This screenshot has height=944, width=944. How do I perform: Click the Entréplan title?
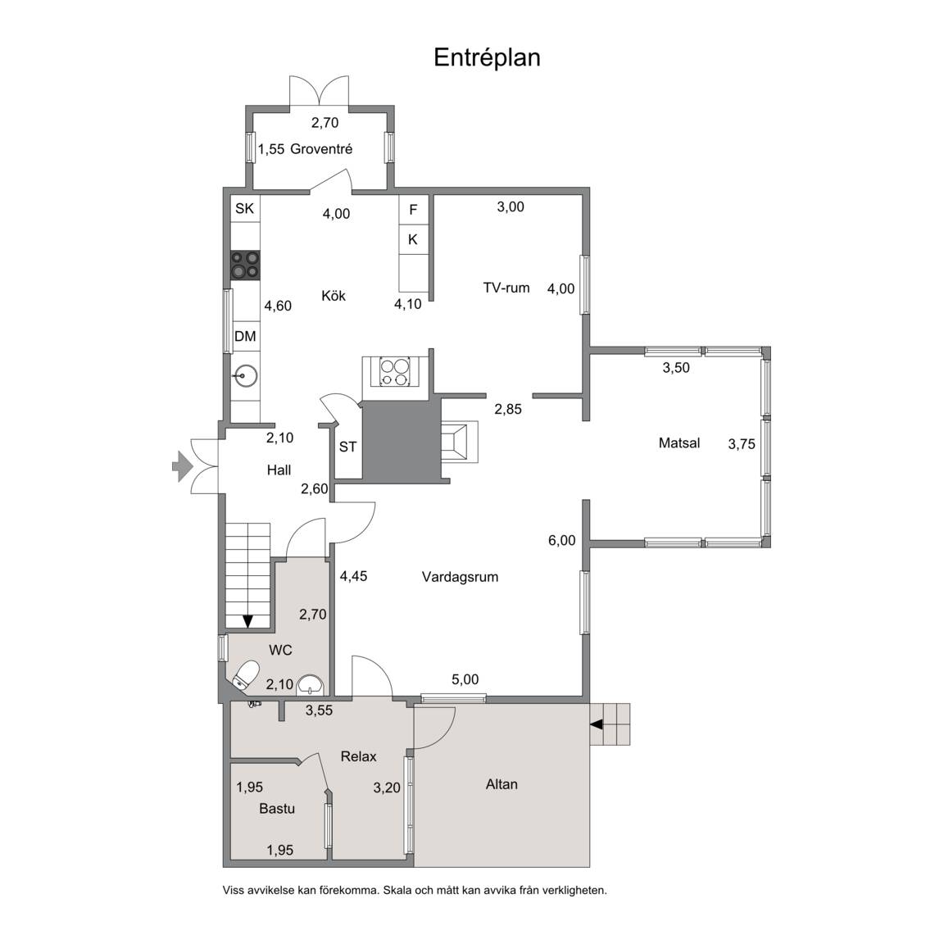(487, 58)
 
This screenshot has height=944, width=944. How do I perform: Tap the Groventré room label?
(321, 148)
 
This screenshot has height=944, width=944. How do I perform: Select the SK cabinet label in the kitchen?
(244, 209)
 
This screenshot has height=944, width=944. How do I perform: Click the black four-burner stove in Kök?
(246, 265)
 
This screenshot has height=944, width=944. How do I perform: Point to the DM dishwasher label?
(245, 337)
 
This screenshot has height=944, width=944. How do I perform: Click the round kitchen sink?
(245, 376)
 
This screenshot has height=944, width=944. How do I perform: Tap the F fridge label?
(413, 210)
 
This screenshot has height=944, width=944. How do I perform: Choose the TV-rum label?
(506, 288)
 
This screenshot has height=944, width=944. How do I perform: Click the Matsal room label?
(679, 443)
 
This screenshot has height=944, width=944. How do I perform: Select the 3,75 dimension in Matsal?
(742, 444)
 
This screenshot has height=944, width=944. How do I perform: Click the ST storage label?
(347, 447)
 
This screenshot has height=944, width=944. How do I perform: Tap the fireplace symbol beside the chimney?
(460, 442)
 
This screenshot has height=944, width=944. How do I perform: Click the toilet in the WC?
(245, 675)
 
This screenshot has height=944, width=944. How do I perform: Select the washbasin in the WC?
(311, 684)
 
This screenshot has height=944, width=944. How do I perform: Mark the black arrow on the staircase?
(247, 621)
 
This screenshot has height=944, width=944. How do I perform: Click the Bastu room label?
(277, 809)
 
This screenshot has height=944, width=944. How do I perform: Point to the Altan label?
(501, 784)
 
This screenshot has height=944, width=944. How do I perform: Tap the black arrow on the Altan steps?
(596, 725)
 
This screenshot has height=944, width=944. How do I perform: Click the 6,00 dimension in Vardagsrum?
(561, 541)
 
